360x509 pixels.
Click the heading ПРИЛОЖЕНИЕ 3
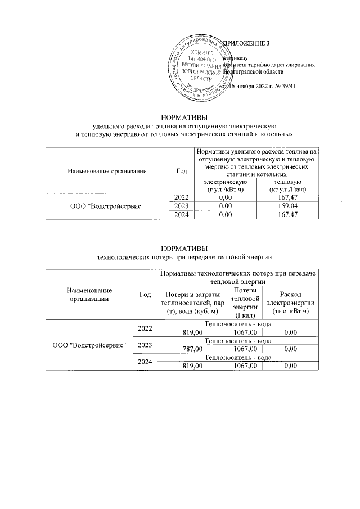(247, 44)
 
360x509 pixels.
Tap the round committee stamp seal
(197, 65)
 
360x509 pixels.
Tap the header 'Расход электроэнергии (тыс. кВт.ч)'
(290, 303)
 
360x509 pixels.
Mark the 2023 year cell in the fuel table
(181, 206)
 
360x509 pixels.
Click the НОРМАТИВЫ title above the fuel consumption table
(184, 118)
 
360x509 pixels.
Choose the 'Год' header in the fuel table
(181, 170)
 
